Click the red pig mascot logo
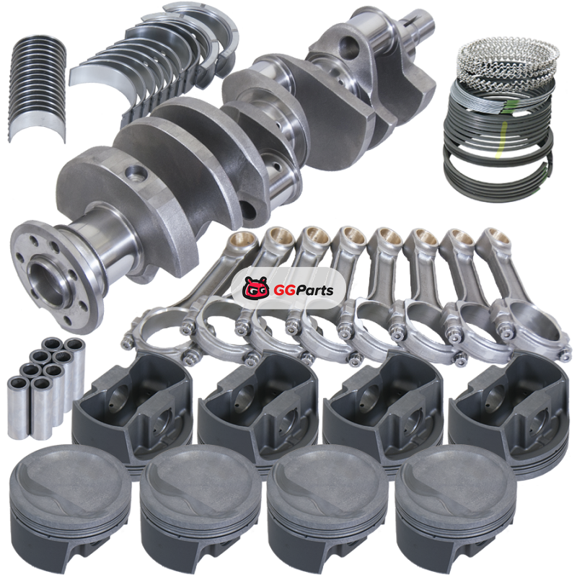(255, 289)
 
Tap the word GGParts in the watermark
(304, 291)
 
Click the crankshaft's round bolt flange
(56, 276)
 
